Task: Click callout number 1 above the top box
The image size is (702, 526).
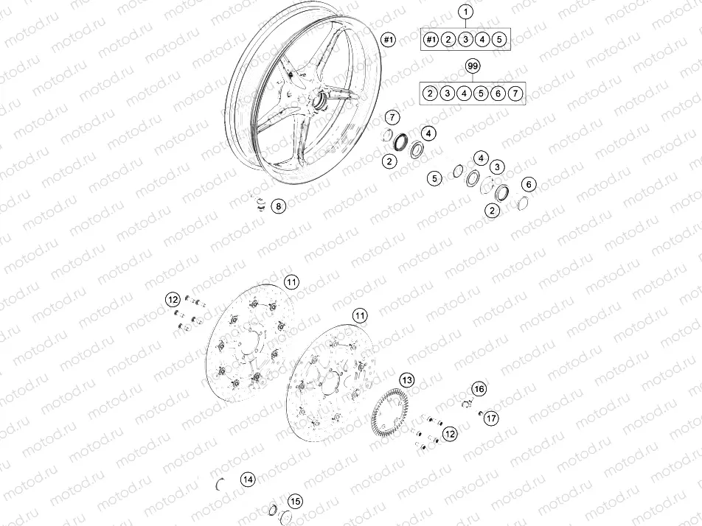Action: (x=465, y=12)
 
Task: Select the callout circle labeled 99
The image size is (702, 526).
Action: (x=473, y=67)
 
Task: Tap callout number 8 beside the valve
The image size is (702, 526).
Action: (x=278, y=206)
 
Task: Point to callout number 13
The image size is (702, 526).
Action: (x=407, y=380)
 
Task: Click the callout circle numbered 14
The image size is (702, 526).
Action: (x=248, y=480)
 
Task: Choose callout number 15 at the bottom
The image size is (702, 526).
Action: (x=294, y=502)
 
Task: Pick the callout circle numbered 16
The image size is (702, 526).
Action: (x=479, y=388)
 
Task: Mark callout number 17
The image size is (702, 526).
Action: (x=491, y=418)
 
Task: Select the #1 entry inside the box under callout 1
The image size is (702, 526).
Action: (x=431, y=39)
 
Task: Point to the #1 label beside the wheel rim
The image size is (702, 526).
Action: (x=389, y=39)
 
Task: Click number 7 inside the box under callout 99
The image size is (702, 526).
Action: (x=515, y=94)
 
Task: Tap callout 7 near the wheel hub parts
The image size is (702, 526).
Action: (x=392, y=117)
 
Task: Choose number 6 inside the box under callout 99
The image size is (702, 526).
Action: (x=498, y=94)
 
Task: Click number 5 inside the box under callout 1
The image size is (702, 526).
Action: (x=499, y=39)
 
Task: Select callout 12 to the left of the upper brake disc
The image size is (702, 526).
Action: (x=172, y=300)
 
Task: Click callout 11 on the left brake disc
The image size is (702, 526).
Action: (x=291, y=282)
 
